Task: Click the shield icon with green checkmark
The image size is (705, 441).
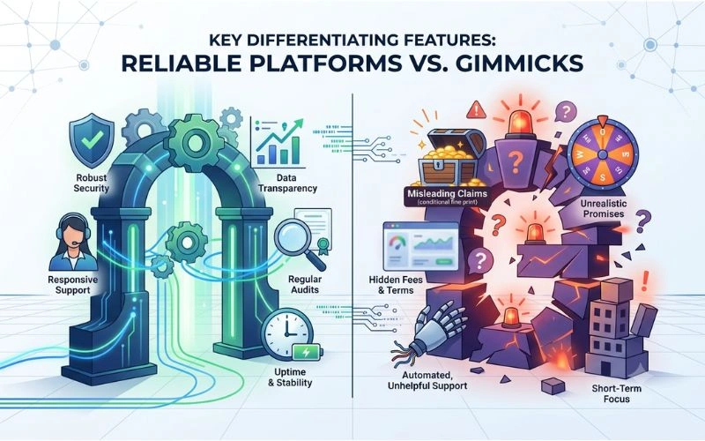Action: tap(92, 139)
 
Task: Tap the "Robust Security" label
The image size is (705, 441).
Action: tap(92, 183)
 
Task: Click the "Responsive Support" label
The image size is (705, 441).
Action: tap(73, 285)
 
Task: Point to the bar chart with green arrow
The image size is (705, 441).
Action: tap(278, 141)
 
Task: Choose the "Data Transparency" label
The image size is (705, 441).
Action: tap(288, 183)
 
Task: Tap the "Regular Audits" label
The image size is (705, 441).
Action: tap(305, 285)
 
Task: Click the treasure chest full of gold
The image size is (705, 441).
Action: tap(450, 158)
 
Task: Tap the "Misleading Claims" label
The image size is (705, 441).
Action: tap(448, 194)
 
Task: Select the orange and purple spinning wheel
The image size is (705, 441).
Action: tap(603, 153)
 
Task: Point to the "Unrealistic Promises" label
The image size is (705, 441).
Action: tap(604, 209)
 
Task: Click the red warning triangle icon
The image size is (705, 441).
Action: tap(476, 109)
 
